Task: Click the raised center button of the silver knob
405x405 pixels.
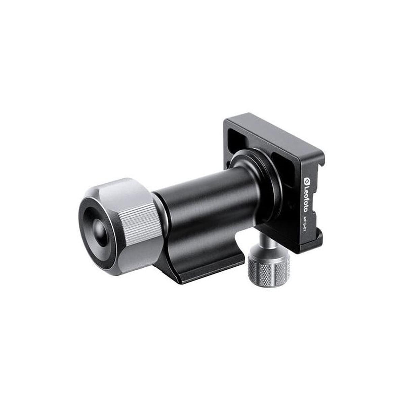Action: (99, 232)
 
